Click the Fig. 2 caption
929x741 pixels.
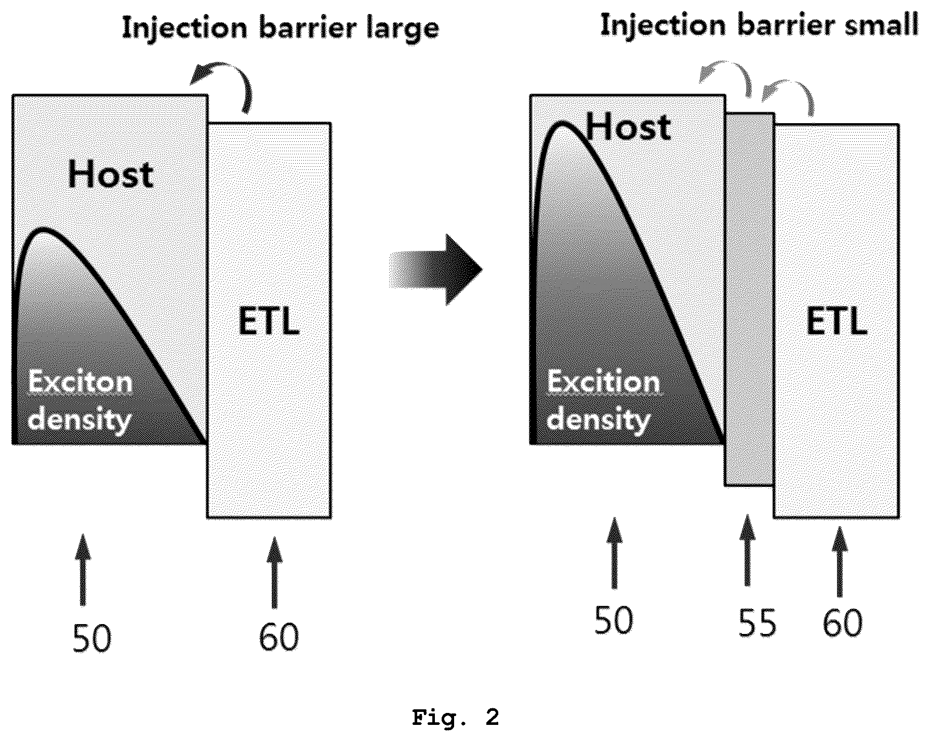coord(455,718)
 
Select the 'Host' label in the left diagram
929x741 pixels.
coord(111,175)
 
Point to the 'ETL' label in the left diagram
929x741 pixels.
coord(269,322)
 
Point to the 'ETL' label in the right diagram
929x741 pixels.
coord(837,322)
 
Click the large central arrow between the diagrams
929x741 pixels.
coord(436,269)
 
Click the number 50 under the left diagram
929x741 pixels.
coord(91,638)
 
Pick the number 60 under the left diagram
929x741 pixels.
coord(279,637)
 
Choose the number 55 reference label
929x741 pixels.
coord(757,623)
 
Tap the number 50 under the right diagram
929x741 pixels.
coord(614,619)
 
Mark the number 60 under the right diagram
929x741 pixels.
coord(842,623)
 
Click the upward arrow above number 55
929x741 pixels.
coord(747,551)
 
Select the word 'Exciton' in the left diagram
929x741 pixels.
coord(80,383)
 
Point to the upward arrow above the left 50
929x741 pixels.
coord(83,570)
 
